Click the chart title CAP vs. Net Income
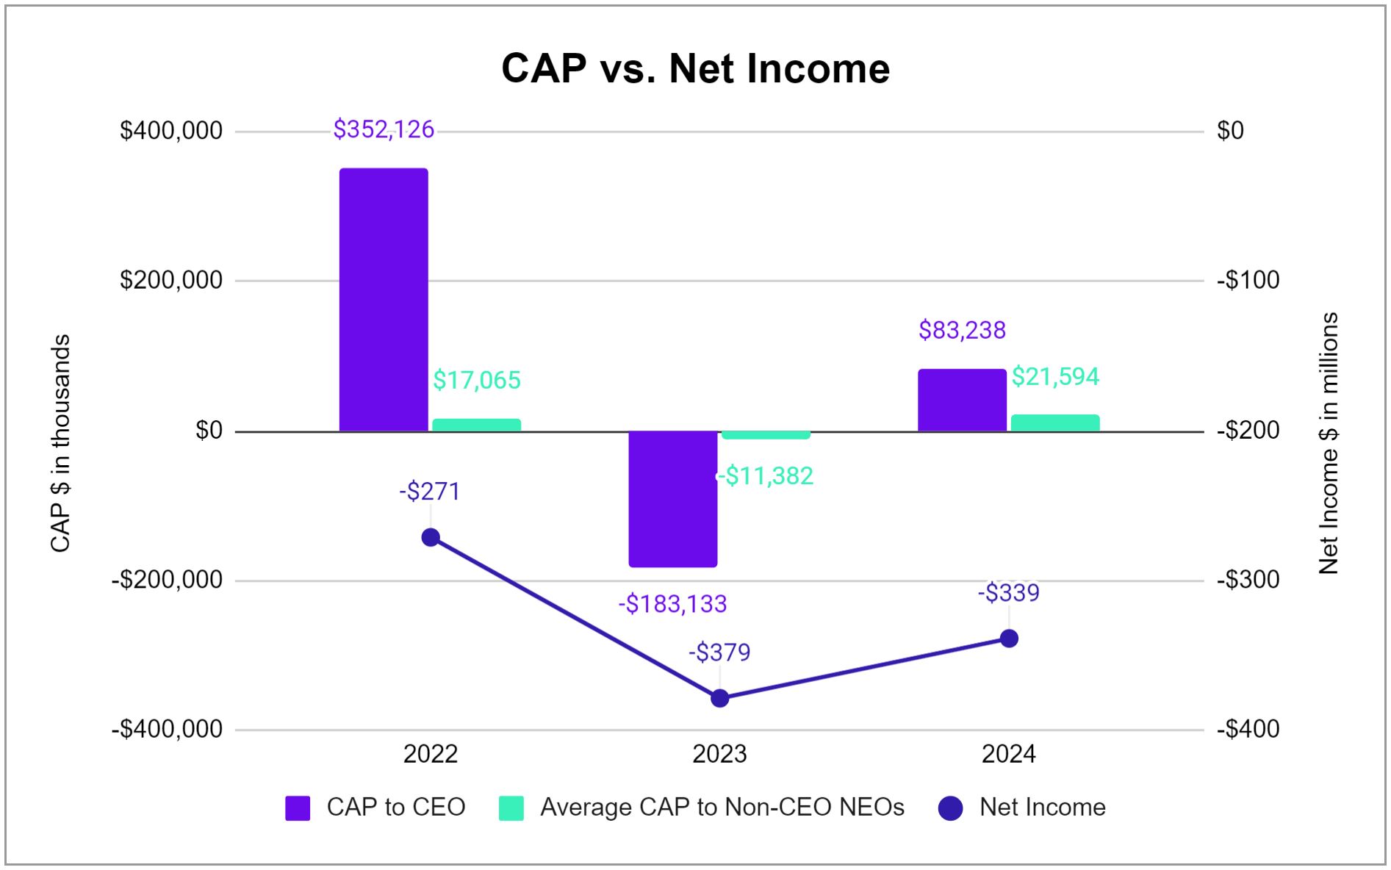[695, 68]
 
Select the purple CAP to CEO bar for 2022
[383, 299]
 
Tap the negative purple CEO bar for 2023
[672, 499]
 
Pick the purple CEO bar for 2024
[961, 400]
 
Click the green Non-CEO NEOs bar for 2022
[476, 425]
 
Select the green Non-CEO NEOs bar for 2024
[1054, 423]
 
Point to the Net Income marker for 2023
[719, 697]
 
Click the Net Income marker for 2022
[431, 537]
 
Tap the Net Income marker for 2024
[1009, 638]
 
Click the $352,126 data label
[384, 129]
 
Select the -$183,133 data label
[672, 604]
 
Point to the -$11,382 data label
[766, 476]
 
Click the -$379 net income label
[719, 652]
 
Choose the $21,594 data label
[1055, 377]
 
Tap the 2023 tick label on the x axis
[719, 754]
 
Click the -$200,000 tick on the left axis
[168, 580]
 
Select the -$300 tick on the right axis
[1248, 580]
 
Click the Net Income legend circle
[950, 808]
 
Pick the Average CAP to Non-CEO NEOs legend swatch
[511, 808]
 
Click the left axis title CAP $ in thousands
[60, 443]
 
